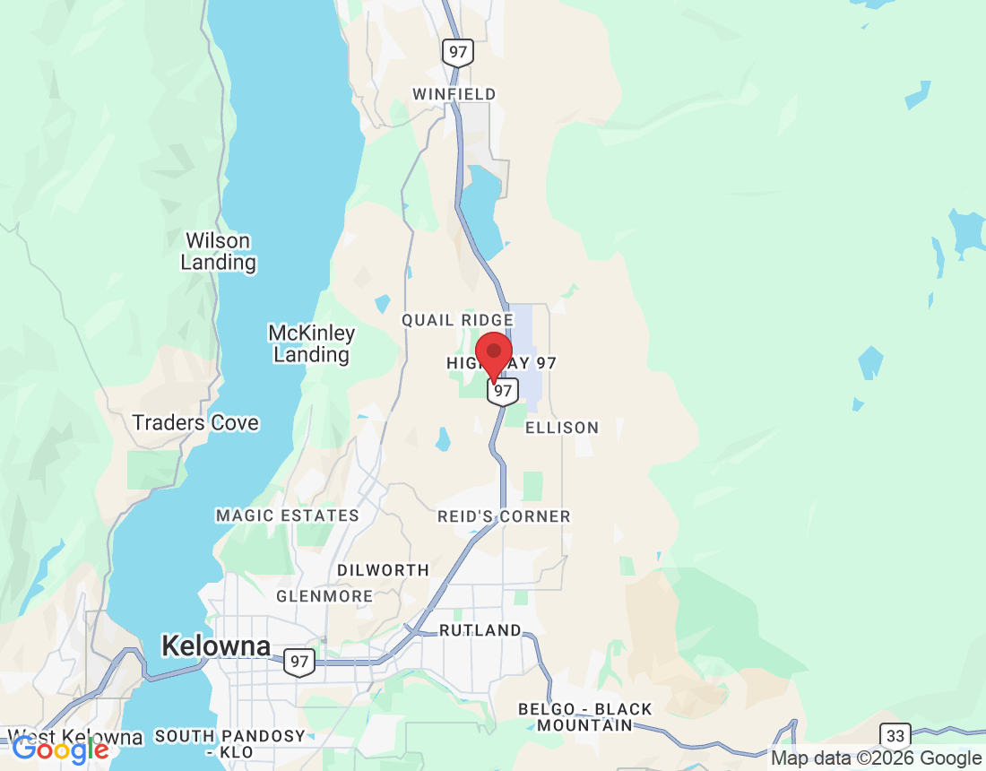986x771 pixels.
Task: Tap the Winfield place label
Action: [x=454, y=94]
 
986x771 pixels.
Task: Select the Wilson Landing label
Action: [x=218, y=252]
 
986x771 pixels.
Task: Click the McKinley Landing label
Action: [x=311, y=344]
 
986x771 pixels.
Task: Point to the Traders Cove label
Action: [x=195, y=423]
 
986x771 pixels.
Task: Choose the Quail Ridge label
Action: [x=457, y=320]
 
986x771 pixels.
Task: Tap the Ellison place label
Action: [x=562, y=428]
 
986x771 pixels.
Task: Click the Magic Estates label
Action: [x=287, y=515]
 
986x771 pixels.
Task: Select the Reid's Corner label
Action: [x=504, y=516]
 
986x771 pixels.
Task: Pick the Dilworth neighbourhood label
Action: [x=383, y=570]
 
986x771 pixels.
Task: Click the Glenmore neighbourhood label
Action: [x=324, y=596]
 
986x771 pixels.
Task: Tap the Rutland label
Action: [x=480, y=631]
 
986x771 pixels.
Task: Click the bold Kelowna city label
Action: [x=215, y=645]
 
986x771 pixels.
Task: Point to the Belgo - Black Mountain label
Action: [x=585, y=717]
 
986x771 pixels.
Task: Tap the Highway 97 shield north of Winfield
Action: [x=458, y=52]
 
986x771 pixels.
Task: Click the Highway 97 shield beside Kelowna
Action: [x=300, y=663]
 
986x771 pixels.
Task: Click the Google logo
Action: [x=60, y=749]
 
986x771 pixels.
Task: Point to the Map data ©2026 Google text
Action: [x=877, y=758]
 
